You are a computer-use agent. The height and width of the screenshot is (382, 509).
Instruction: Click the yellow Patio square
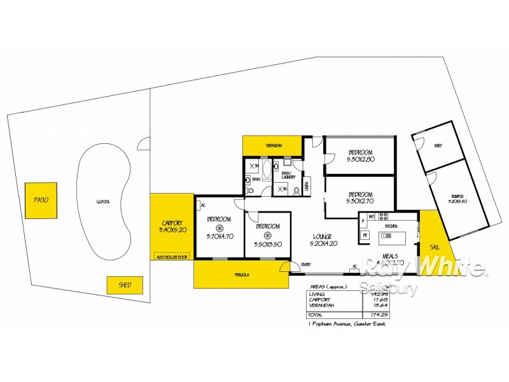[x=41, y=201]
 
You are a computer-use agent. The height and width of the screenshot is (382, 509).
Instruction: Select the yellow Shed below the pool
[x=124, y=285]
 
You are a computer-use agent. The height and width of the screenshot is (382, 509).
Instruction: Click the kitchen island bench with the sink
[x=394, y=238]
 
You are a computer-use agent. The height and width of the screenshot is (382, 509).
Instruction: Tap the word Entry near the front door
[x=307, y=265]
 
